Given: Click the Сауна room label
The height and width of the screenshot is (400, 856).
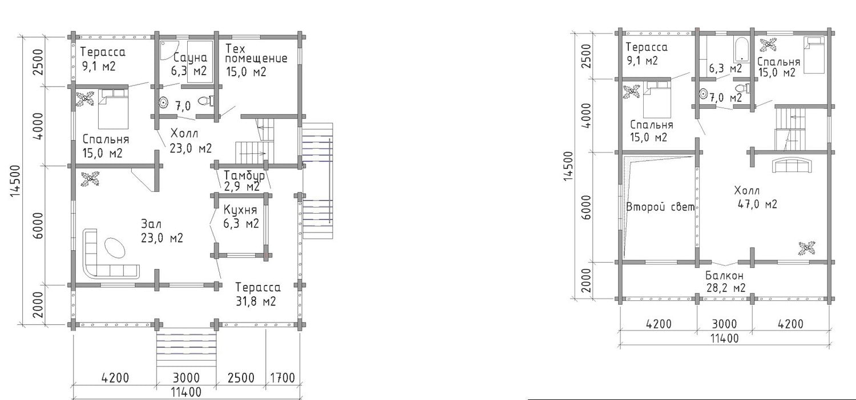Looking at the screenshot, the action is point(190,58).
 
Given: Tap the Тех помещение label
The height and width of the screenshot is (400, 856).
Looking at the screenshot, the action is point(256,54).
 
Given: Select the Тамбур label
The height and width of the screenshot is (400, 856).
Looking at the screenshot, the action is point(244,175).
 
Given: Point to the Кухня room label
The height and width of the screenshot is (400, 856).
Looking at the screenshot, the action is point(240,210).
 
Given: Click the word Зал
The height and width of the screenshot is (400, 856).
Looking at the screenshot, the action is point(151,224).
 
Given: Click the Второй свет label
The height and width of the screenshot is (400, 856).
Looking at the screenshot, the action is point(660,207).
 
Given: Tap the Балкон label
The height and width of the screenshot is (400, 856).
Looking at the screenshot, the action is point(725,275).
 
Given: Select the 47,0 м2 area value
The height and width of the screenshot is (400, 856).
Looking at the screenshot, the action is point(757,204).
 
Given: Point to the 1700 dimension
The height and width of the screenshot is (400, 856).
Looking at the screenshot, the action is point(283,378).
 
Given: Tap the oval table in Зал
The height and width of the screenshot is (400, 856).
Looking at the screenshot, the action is point(115,248).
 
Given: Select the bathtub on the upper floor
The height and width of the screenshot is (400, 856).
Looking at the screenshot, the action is point(741,50).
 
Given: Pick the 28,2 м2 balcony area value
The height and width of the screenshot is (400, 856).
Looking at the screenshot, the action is point(726,287).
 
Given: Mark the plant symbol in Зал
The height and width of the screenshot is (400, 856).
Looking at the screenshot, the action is point(90,179).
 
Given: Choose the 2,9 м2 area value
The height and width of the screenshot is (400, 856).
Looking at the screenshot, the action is point(243,187).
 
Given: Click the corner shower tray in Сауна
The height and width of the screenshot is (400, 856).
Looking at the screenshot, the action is point(169,50).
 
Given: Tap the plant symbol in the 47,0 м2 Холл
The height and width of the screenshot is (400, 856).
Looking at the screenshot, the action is point(807,248).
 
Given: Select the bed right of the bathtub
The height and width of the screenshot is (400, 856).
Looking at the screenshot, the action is point(814,55).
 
